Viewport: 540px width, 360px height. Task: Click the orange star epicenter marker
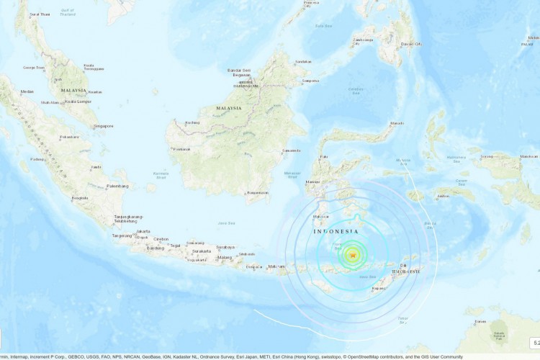[x=353, y=254]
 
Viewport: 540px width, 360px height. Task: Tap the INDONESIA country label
[x=336, y=232]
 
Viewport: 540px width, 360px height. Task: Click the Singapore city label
[x=104, y=126]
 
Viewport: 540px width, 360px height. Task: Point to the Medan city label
[x=27, y=91]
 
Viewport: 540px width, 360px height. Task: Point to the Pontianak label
[x=181, y=149]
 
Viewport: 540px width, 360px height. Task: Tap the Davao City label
[x=411, y=45]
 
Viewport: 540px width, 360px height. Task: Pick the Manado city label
[x=396, y=123]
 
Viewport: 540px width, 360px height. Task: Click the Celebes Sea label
[x=356, y=90]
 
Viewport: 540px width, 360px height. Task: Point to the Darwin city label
[x=480, y=321]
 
